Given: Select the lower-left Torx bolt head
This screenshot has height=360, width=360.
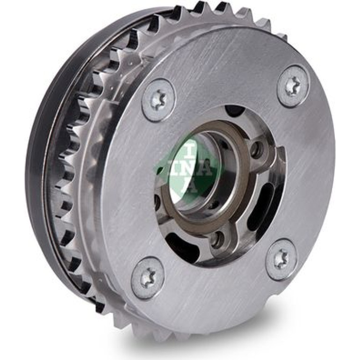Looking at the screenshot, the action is click(x=147, y=275).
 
